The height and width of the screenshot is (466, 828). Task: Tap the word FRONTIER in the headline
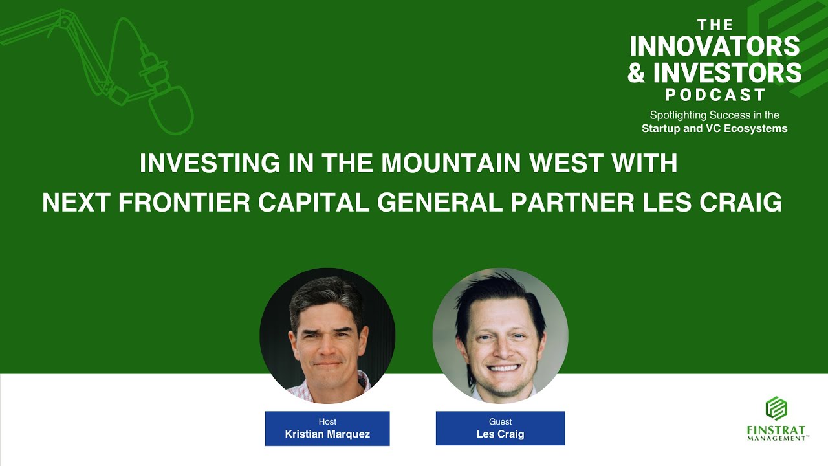coord(185,203)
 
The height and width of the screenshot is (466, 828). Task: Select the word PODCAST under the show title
coord(715,94)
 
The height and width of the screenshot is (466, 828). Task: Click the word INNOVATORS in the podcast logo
coord(714,46)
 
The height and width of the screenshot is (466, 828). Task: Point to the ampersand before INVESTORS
coord(637,72)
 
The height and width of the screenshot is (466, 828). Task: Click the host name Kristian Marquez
coord(327,434)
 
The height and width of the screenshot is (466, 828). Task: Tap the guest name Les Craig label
coord(500,434)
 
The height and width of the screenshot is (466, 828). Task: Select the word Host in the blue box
coord(327,422)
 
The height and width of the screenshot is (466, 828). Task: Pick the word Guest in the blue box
coord(500,422)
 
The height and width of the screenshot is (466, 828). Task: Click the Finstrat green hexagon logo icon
coord(776,408)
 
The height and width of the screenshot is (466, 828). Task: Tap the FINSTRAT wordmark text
coord(776,430)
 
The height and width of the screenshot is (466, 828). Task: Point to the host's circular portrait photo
coord(327,336)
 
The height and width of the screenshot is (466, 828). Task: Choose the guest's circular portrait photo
coord(500,336)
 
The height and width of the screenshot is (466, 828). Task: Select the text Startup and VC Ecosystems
coord(714,128)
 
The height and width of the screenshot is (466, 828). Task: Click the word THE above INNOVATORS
coord(715,25)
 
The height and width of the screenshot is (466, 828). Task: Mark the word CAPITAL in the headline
coord(315,203)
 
